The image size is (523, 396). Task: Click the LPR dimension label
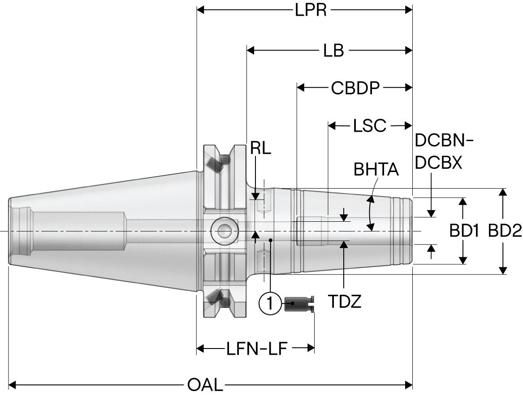(311, 10)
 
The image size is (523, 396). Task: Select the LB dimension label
(333, 51)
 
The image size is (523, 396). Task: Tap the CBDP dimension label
(355, 88)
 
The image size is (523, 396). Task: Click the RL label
(260, 149)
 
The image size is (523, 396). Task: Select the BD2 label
(505, 231)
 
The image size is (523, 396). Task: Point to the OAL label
(204, 384)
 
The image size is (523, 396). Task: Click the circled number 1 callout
(270, 304)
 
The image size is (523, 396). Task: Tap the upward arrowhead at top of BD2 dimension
(503, 193)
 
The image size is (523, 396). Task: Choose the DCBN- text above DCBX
(444, 141)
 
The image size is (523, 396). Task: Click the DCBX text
(438, 163)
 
